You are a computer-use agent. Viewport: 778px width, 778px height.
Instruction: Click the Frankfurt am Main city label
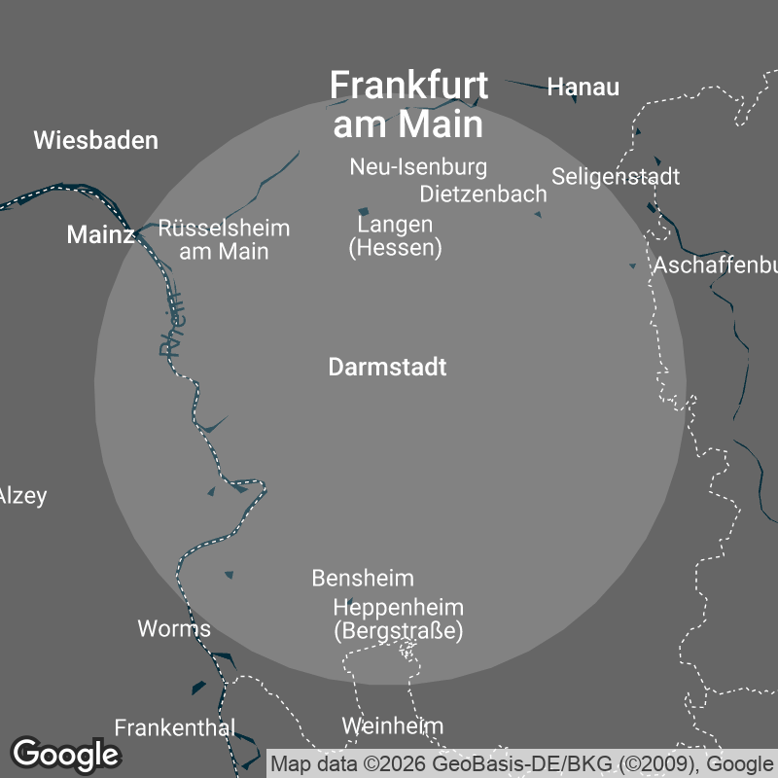408,104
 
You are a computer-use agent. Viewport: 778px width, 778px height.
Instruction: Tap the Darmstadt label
387,368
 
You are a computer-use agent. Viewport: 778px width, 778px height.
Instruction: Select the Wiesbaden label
95,140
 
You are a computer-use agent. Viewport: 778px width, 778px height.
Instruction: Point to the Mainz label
100,234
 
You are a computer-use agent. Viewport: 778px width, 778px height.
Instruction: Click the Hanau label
583,87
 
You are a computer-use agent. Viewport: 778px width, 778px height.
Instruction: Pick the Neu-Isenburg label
418,167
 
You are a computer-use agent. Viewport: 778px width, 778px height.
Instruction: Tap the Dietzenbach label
483,194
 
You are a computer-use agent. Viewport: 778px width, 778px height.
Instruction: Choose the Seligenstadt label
616,176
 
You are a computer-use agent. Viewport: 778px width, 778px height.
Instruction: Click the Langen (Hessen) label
395,236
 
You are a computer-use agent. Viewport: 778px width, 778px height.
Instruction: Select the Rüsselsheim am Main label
224,240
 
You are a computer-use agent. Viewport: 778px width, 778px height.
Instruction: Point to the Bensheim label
363,578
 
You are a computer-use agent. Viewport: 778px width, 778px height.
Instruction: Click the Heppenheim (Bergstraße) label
398,619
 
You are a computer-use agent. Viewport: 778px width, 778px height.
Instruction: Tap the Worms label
174,628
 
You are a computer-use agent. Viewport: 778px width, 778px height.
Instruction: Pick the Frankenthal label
175,727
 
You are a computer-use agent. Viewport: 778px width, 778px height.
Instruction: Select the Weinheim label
392,725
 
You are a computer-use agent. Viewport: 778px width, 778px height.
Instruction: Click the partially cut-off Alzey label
22,496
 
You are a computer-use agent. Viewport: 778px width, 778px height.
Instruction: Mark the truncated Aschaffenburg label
715,265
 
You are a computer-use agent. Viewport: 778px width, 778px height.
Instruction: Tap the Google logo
65,754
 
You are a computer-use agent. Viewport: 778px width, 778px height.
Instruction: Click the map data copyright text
522,763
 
